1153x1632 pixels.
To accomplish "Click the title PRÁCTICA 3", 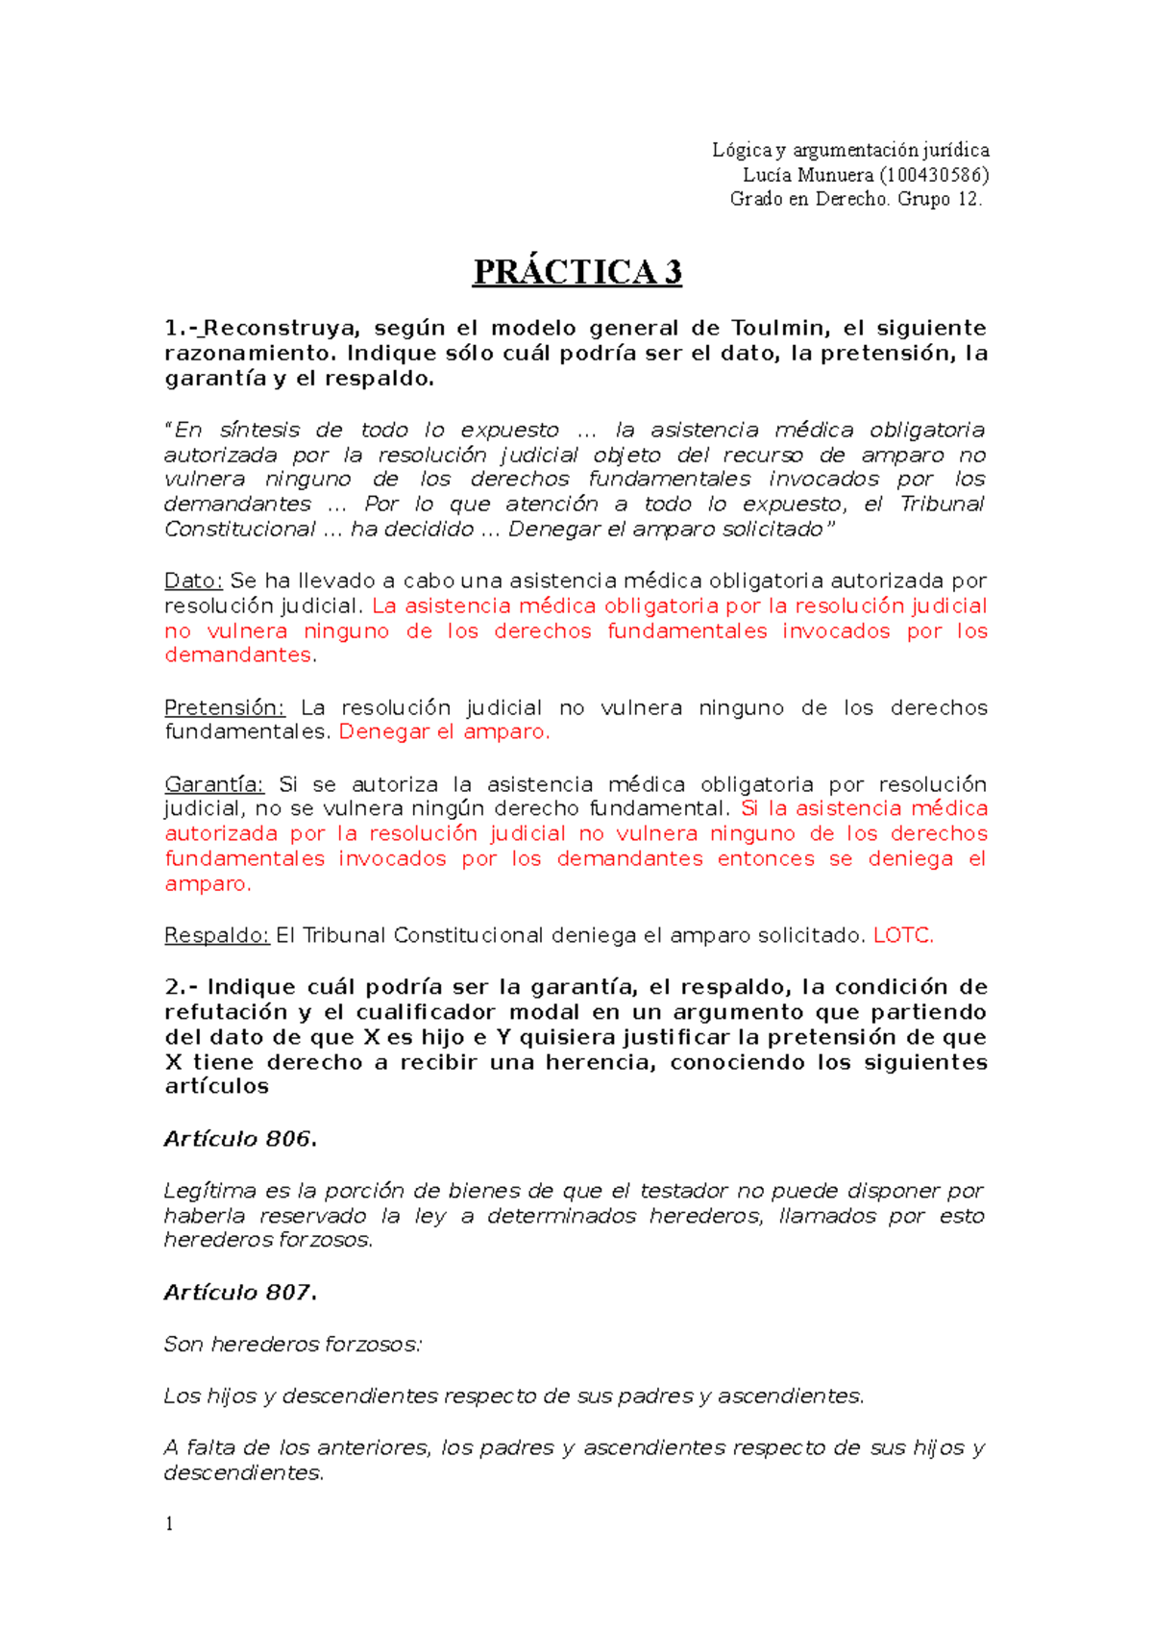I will pyautogui.click(x=576, y=272).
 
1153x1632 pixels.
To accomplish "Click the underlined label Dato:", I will pyautogui.click(x=193, y=581).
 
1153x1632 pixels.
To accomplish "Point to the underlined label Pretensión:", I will pyautogui.click(x=224, y=707).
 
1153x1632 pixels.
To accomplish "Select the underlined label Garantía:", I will pyautogui.click(x=213, y=784).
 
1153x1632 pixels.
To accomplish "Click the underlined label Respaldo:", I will pyautogui.click(x=216, y=935).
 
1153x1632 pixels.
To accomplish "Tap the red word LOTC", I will pyautogui.click(x=902, y=935).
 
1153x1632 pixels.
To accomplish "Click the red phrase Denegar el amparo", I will pyautogui.click(x=444, y=731).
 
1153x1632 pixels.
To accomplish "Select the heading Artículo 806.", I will pyautogui.click(x=239, y=1139).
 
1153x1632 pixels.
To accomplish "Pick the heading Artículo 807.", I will pyautogui.click(x=239, y=1293).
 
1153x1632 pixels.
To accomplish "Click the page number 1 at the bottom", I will pyautogui.click(x=169, y=1523).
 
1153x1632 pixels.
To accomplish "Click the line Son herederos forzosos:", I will pyautogui.click(x=292, y=1344).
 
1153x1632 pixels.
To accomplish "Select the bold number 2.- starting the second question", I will pyautogui.click(x=181, y=987).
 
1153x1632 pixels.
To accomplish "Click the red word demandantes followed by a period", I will pyautogui.click(x=238, y=655).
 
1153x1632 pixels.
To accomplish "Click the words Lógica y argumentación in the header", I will pyautogui.click(x=815, y=150).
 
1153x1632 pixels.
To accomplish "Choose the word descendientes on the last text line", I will pyautogui.click(x=241, y=1472).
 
